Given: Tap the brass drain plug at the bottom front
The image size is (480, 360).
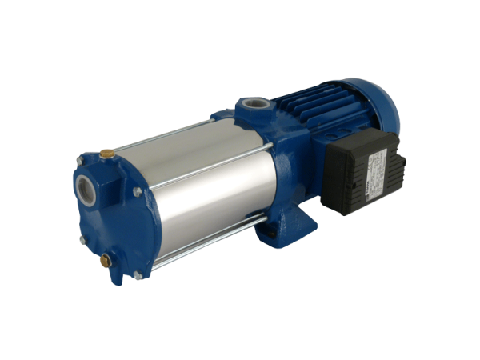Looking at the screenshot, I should [x=106, y=259].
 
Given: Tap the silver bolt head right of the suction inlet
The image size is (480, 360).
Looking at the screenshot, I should [x=137, y=192].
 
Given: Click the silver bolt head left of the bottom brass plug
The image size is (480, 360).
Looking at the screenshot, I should [x=82, y=240].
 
